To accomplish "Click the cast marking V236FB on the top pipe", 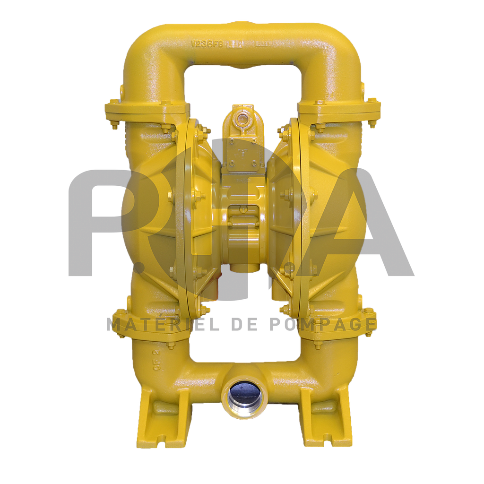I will tap(207, 44).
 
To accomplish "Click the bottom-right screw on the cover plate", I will tap(254, 164).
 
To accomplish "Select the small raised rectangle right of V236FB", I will tap(235, 44).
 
